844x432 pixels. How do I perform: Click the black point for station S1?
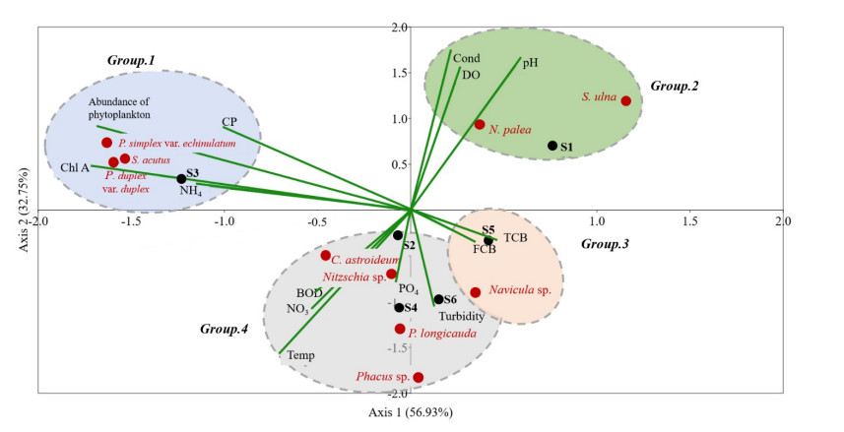(x=552, y=146)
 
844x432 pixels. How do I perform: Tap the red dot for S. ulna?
(x=626, y=100)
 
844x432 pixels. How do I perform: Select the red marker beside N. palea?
(x=480, y=124)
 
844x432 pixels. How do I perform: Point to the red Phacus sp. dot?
(x=419, y=377)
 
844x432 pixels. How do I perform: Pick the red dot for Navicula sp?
(x=476, y=292)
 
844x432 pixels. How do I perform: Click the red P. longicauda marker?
(x=399, y=329)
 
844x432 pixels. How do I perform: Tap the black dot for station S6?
(x=439, y=299)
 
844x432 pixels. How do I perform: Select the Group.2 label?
(x=674, y=87)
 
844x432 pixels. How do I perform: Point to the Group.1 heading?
(x=131, y=60)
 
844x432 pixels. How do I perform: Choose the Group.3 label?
(x=605, y=243)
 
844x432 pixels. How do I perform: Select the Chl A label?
(x=74, y=167)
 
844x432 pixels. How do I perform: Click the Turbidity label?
(x=461, y=317)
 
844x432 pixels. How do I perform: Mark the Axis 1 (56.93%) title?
(x=411, y=411)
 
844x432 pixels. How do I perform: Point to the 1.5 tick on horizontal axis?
(x=689, y=220)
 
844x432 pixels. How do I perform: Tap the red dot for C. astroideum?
(x=326, y=256)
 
